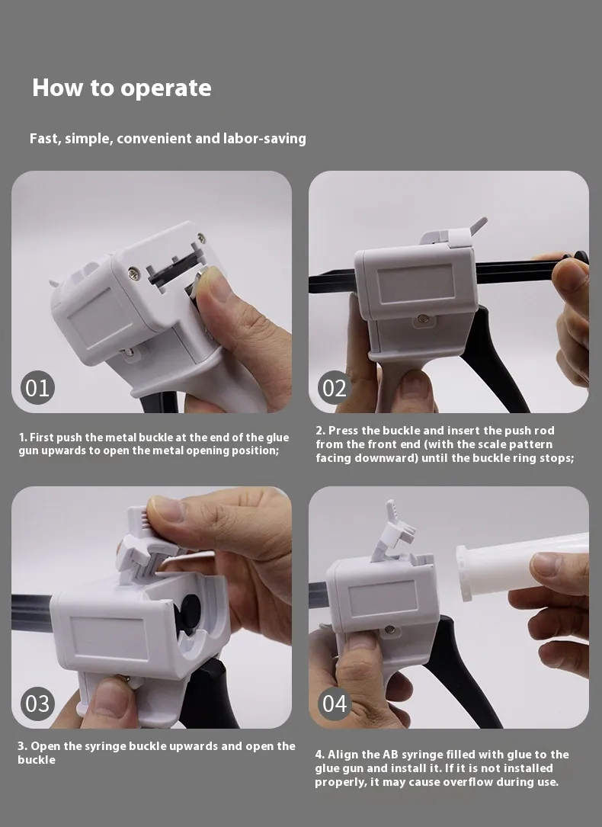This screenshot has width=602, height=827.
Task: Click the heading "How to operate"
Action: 122,88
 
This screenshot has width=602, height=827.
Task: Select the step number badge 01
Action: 37,388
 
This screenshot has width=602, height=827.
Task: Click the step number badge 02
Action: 335,388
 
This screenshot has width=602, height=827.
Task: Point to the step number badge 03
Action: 37,704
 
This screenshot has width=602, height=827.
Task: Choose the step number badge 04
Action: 335,704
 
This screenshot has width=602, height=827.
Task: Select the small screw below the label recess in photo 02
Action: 421,319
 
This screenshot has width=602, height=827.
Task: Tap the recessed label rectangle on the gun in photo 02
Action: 415,284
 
